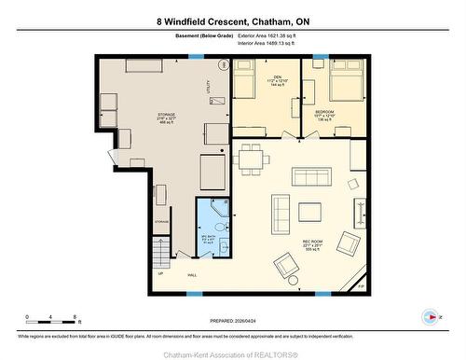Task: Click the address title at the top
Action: click(x=232, y=20)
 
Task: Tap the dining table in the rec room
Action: click(x=251, y=160)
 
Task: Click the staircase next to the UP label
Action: click(x=161, y=252)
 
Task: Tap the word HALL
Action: click(x=192, y=275)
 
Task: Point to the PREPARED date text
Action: click(x=233, y=318)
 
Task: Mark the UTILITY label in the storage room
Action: click(x=208, y=87)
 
